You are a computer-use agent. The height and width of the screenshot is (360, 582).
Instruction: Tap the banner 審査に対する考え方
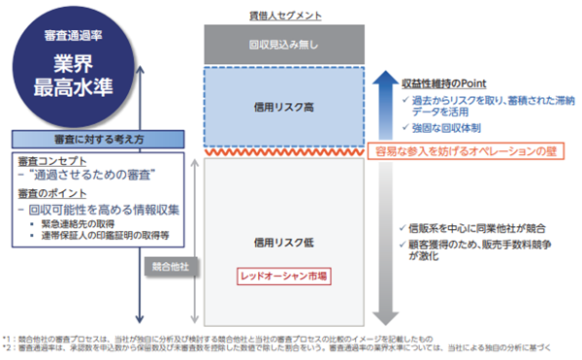point(99,139)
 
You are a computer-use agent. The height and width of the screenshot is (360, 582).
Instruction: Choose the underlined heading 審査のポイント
point(50,194)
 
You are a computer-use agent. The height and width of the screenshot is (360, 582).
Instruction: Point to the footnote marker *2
point(9,345)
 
